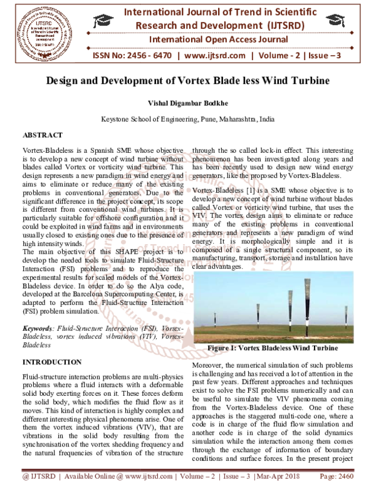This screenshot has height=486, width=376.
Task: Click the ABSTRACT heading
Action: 43,135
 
